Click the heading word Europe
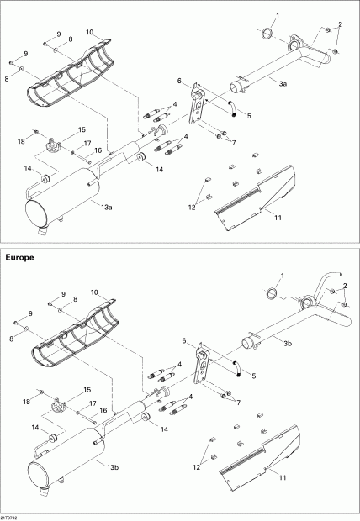pyautogui.click(x=19, y=257)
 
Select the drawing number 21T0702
pyautogui.click(x=13, y=516)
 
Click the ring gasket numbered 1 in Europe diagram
pyautogui.click(x=272, y=292)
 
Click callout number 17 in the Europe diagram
pyautogui.click(x=91, y=403)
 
